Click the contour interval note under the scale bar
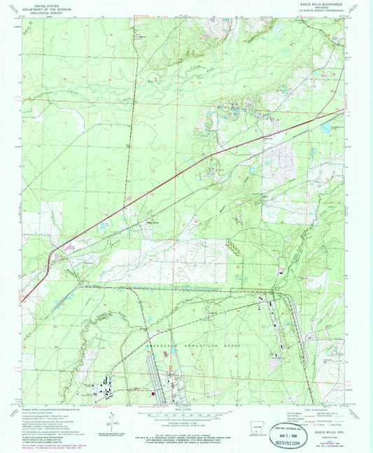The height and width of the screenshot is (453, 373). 185,422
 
